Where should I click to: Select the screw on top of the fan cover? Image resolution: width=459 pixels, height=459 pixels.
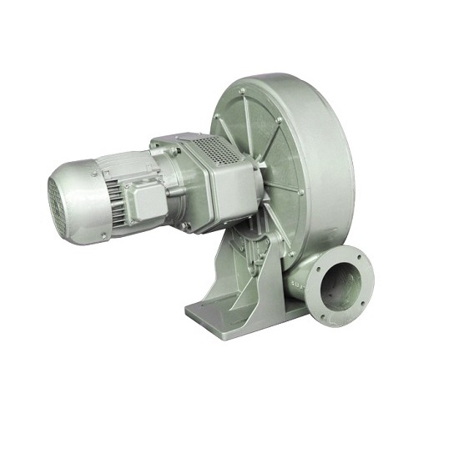tap(79, 166)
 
